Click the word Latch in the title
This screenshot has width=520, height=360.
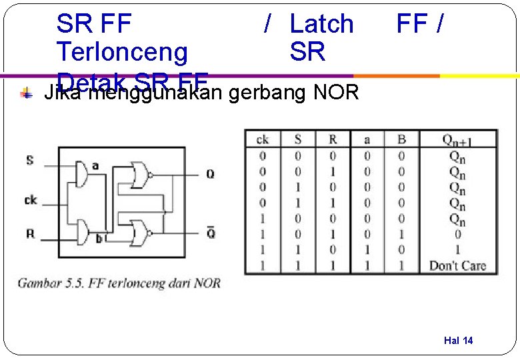321,24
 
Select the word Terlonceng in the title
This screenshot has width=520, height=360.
122,51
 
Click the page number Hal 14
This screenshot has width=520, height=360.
458,341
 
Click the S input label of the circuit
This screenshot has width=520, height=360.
29,160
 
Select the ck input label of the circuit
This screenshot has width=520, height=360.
31,199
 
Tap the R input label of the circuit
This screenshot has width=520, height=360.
30,233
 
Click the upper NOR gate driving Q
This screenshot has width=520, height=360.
141,174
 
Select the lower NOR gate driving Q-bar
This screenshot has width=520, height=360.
141,232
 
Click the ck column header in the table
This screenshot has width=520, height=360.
263,139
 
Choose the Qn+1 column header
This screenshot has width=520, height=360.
457,139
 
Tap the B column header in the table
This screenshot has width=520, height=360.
401,139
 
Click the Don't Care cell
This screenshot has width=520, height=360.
457,265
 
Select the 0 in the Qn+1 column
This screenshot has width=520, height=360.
457,234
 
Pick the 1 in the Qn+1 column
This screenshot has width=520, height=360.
457,250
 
